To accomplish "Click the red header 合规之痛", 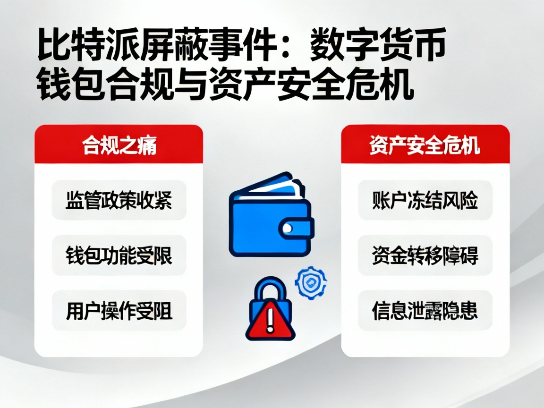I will (x=119, y=145).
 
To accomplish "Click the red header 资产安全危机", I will (x=425, y=145).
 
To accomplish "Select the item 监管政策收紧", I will (x=119, y=200).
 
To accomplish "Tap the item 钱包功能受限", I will (x=119, y=255).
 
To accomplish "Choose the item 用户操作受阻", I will (x=119, y=311).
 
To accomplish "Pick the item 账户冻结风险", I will (x=425, y=200).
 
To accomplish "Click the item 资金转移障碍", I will (x=425, y=255).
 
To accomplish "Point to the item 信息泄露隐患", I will (x=425, y=311).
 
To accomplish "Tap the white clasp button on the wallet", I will (x=288, y=229).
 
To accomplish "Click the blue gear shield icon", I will (x=311, y=283).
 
